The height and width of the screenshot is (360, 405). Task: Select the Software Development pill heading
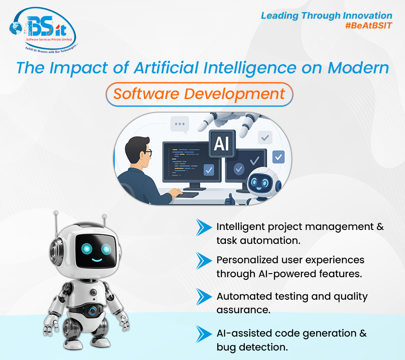[x=199, y=94]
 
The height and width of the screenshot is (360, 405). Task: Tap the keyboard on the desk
[x=189, y=195]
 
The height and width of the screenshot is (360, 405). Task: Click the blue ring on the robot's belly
[x=93, y=311]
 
